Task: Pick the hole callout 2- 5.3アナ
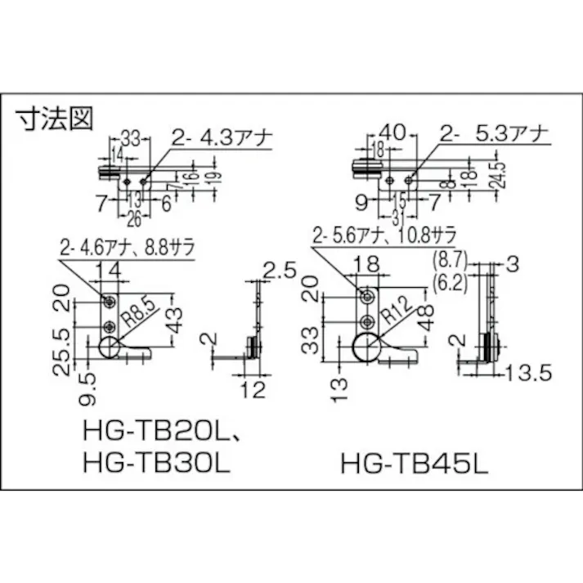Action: (491, 132)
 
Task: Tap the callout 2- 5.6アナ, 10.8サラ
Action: (383, 236)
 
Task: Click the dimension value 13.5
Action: (527, 374)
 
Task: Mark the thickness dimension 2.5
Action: (280, 271)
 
